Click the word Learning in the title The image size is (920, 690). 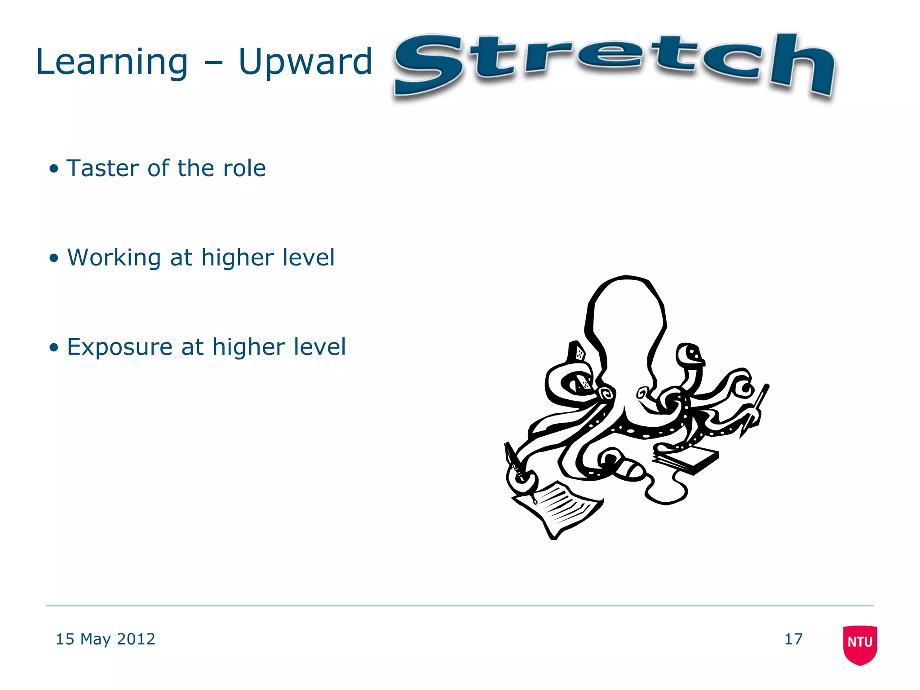(111, 63)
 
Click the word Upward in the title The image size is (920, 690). (305, 63)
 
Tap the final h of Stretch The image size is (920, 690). (802, 65)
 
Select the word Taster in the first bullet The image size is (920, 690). (103, 168)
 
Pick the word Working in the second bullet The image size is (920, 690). (114, 258)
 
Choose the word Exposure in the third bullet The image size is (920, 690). (119, 347)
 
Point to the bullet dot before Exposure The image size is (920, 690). (54, 347)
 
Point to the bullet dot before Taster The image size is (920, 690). (54, 168)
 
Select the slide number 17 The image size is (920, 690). (793, 639)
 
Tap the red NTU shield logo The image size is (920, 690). (860, 644)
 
